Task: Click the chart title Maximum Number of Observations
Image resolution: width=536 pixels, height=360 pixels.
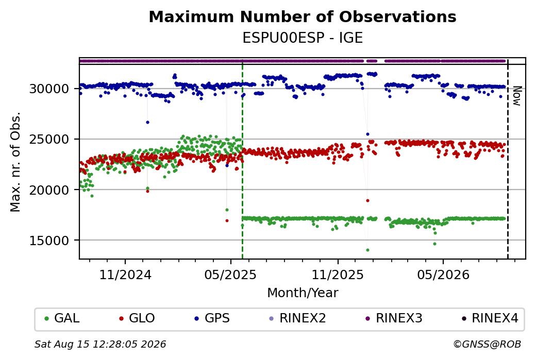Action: pos(303,16)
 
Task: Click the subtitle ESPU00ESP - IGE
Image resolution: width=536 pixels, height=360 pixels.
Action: pos(303,38)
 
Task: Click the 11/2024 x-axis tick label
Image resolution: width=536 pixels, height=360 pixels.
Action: pos(125,275)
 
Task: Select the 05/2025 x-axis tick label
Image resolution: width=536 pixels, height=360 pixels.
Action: pos(230,275)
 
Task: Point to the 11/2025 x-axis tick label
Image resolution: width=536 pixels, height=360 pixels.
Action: pos(338,275)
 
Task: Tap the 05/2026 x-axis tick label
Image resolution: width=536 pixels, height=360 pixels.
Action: pos(443,275)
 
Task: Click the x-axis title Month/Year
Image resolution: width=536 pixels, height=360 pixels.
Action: pos(303,293)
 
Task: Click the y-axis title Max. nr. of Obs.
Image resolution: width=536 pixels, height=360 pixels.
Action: pos(15,162)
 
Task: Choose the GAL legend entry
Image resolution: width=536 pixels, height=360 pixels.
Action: pos(62,318)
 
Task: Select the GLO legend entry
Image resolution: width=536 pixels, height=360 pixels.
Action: pos(137,318)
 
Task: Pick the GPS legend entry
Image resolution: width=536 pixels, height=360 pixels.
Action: pos(212,318)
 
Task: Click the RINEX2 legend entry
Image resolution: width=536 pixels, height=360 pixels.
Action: pos(298,318)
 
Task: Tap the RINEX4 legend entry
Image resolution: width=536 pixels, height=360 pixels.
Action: pos(490,318)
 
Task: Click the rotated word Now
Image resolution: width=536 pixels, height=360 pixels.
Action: pos(517,96)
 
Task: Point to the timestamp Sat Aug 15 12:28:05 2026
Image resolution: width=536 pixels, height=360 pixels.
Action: pos(100,344)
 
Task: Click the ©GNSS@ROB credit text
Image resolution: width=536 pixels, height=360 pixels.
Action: pos(487,344)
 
